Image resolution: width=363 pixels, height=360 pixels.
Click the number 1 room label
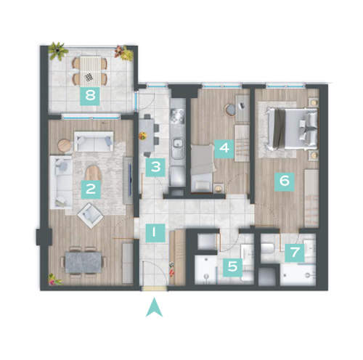[x=155, y=233]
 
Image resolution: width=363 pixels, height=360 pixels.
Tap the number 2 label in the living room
[x=91, y=189]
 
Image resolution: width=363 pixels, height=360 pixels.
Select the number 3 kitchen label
[x=155, y=167]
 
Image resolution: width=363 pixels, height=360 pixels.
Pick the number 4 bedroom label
[x=224, y=149]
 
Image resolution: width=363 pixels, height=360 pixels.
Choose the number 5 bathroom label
[x=233, y=267]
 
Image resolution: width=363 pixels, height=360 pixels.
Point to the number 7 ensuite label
[x=295, y=253]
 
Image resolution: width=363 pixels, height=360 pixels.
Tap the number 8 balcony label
[x=90, y=96]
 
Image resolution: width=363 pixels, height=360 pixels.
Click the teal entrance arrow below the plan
[x=154, y=308]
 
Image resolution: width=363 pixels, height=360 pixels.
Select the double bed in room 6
[x=292, y=129]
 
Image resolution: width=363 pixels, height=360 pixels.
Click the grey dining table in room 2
[x=83, y=263]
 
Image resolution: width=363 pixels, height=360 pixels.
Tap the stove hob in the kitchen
[x=178, y=116]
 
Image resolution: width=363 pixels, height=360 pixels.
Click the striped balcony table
[x=90, y=71]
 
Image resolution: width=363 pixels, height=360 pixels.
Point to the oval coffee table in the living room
[x=93, y=173]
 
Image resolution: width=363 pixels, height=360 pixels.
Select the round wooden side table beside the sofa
[x=65, y=146]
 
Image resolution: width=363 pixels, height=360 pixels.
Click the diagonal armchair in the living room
[x=90, y=216]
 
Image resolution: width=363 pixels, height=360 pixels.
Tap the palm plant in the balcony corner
[x=58, y=51]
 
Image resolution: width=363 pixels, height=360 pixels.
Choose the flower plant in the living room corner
[x=54, y=279]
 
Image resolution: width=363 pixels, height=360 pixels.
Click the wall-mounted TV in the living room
[x=130, y=179]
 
